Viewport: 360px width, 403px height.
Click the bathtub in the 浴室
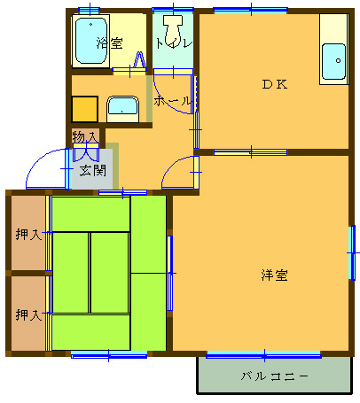[x=90, y=41]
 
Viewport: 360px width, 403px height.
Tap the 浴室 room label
[x=109, y=43]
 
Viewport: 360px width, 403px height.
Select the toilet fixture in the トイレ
[x=173, y=30]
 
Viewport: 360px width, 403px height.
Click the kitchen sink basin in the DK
[x=333, y=61]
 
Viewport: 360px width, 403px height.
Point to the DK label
[x=275, y=85]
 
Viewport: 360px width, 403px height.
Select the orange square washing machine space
[x=84, y=109]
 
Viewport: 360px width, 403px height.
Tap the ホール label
[x=172, y=101]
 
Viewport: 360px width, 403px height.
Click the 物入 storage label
[x=85, y=137]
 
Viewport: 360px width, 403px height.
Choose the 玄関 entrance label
[x=93, y=170]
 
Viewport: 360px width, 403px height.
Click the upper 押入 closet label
[x=28, y=235]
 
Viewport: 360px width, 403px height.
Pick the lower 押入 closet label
[x=28, y=314]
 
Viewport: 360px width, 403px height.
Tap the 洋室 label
[x=274, y=275]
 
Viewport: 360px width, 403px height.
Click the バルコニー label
[x=274, y=376]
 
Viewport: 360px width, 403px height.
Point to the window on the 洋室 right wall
[x=352, y=252]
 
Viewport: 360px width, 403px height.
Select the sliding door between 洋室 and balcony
[x=263, y=354]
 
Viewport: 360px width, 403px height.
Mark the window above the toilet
[x=173, y=10]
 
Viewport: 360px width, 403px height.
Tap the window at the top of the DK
[x=251, y=11]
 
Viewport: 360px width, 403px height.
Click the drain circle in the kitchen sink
[x=339, y=61]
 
